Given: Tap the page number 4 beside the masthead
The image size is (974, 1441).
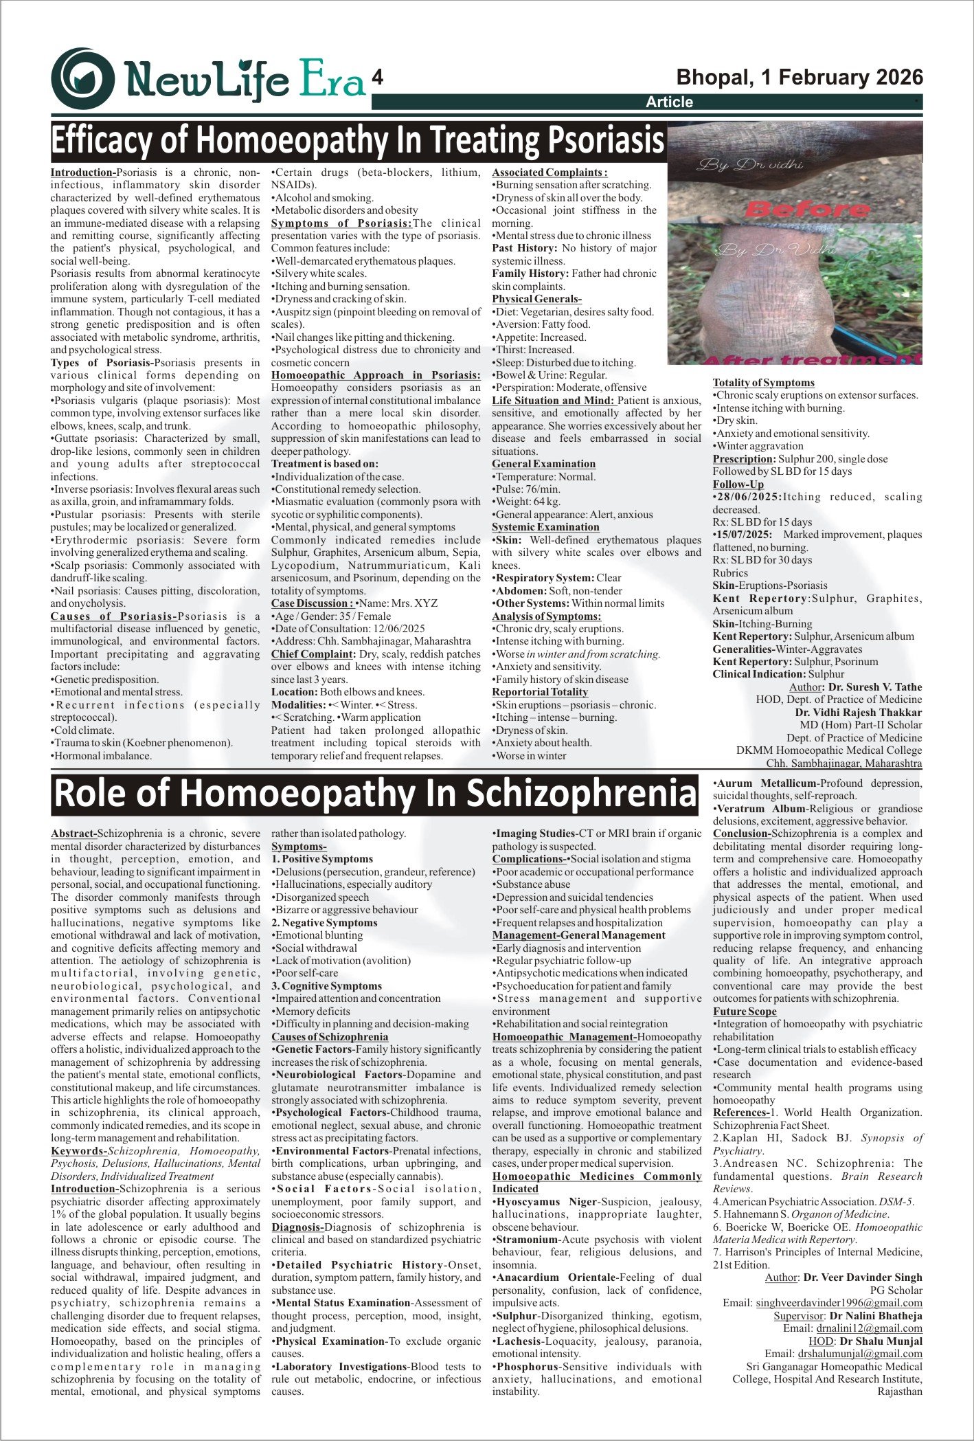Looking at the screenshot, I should pos(377,78).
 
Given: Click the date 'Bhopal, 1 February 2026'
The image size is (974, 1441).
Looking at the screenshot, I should pos(800,77).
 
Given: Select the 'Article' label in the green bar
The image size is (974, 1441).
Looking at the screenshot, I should pos(669,102).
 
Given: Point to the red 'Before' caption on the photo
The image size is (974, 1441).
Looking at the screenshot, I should pos(799,208).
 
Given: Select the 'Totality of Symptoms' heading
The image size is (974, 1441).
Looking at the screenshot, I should pos(763,383).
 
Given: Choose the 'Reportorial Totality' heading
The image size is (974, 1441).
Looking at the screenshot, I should pos(540,692).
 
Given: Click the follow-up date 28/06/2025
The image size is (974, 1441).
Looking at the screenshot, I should pos(749,497).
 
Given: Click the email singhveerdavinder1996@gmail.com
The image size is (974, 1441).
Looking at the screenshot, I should pos(839,1303).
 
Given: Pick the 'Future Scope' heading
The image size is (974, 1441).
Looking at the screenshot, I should pos(744,1012).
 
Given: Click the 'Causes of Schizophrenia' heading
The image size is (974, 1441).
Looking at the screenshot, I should pos(330,1037).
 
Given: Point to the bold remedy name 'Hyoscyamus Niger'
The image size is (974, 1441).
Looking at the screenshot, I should pos(547,1202).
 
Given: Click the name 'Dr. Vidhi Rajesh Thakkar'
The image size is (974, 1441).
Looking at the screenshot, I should pos(858,713).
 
